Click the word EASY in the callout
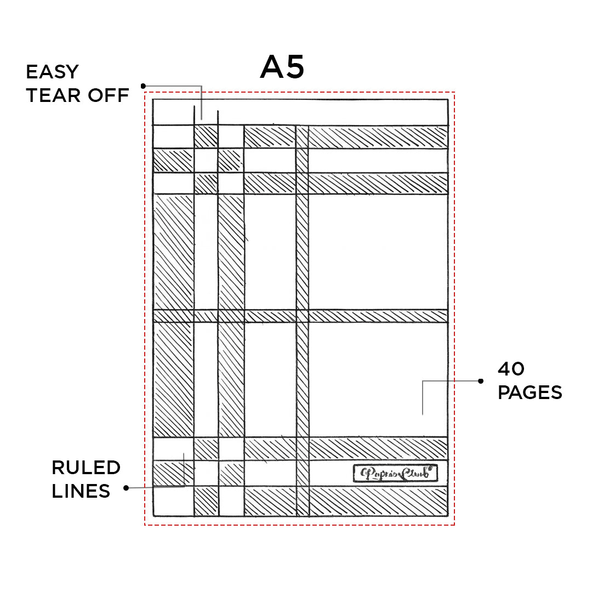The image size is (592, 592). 53,72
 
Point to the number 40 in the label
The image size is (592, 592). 511,369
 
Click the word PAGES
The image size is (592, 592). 530,392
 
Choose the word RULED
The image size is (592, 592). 86,468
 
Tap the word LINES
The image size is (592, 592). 81,491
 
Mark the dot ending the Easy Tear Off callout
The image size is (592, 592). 143,86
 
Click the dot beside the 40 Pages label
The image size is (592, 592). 481,380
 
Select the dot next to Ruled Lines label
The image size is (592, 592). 127,487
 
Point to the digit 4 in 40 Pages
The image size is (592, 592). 504,369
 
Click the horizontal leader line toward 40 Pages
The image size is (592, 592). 451,380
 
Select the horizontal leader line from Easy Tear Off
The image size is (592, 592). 173,86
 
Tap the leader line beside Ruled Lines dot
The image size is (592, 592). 156,487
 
